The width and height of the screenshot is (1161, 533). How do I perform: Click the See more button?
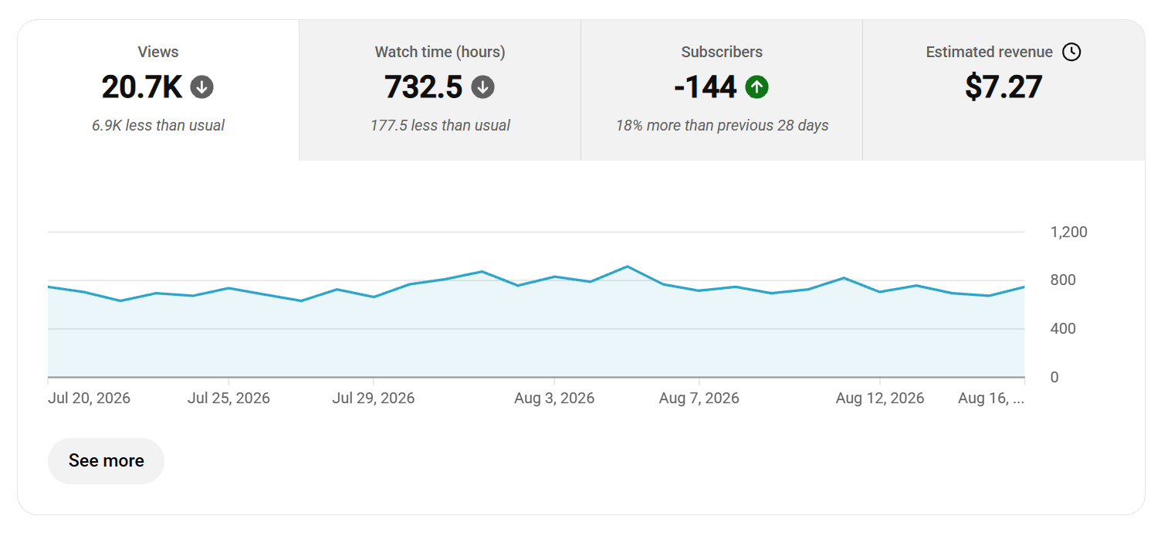(x=106, y=461)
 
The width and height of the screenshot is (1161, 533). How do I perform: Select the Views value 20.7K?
(x=141, y=87)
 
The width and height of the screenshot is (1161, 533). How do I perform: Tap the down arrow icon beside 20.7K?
(x=201, y=87)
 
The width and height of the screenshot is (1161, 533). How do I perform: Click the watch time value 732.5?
(x=423, y=87)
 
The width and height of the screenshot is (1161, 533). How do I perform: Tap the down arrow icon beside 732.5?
(x=482, y=87)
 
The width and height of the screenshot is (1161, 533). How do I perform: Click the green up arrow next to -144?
(x=757, y=87)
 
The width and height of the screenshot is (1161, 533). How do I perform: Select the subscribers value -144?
(x=705, y=87)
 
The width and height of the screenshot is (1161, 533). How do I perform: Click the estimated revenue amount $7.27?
(x=1004, y=87)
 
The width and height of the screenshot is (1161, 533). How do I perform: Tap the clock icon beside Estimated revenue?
(x=1071, y=52)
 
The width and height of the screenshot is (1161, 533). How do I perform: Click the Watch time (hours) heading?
(x=440, y=52)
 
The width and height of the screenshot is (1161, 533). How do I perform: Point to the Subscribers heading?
(x=722, y=52)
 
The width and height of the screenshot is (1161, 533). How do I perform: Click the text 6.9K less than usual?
(x=158, y=125)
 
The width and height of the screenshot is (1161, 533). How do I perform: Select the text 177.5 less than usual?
(x=440, y=125)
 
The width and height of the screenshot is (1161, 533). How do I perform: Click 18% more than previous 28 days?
(x=722, y=125)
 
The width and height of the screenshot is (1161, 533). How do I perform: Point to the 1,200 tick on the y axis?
(x=1068, y=232)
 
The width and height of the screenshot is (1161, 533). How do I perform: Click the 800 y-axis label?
(x=1063, y=280)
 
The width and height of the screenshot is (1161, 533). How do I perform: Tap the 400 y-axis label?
(x=1063, y=329)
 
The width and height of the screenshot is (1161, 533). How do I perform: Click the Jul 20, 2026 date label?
(x=89, y=398)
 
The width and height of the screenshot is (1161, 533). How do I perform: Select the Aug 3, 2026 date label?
(x=554, y=398)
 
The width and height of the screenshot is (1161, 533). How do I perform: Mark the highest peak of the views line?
(x=627, y=266)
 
